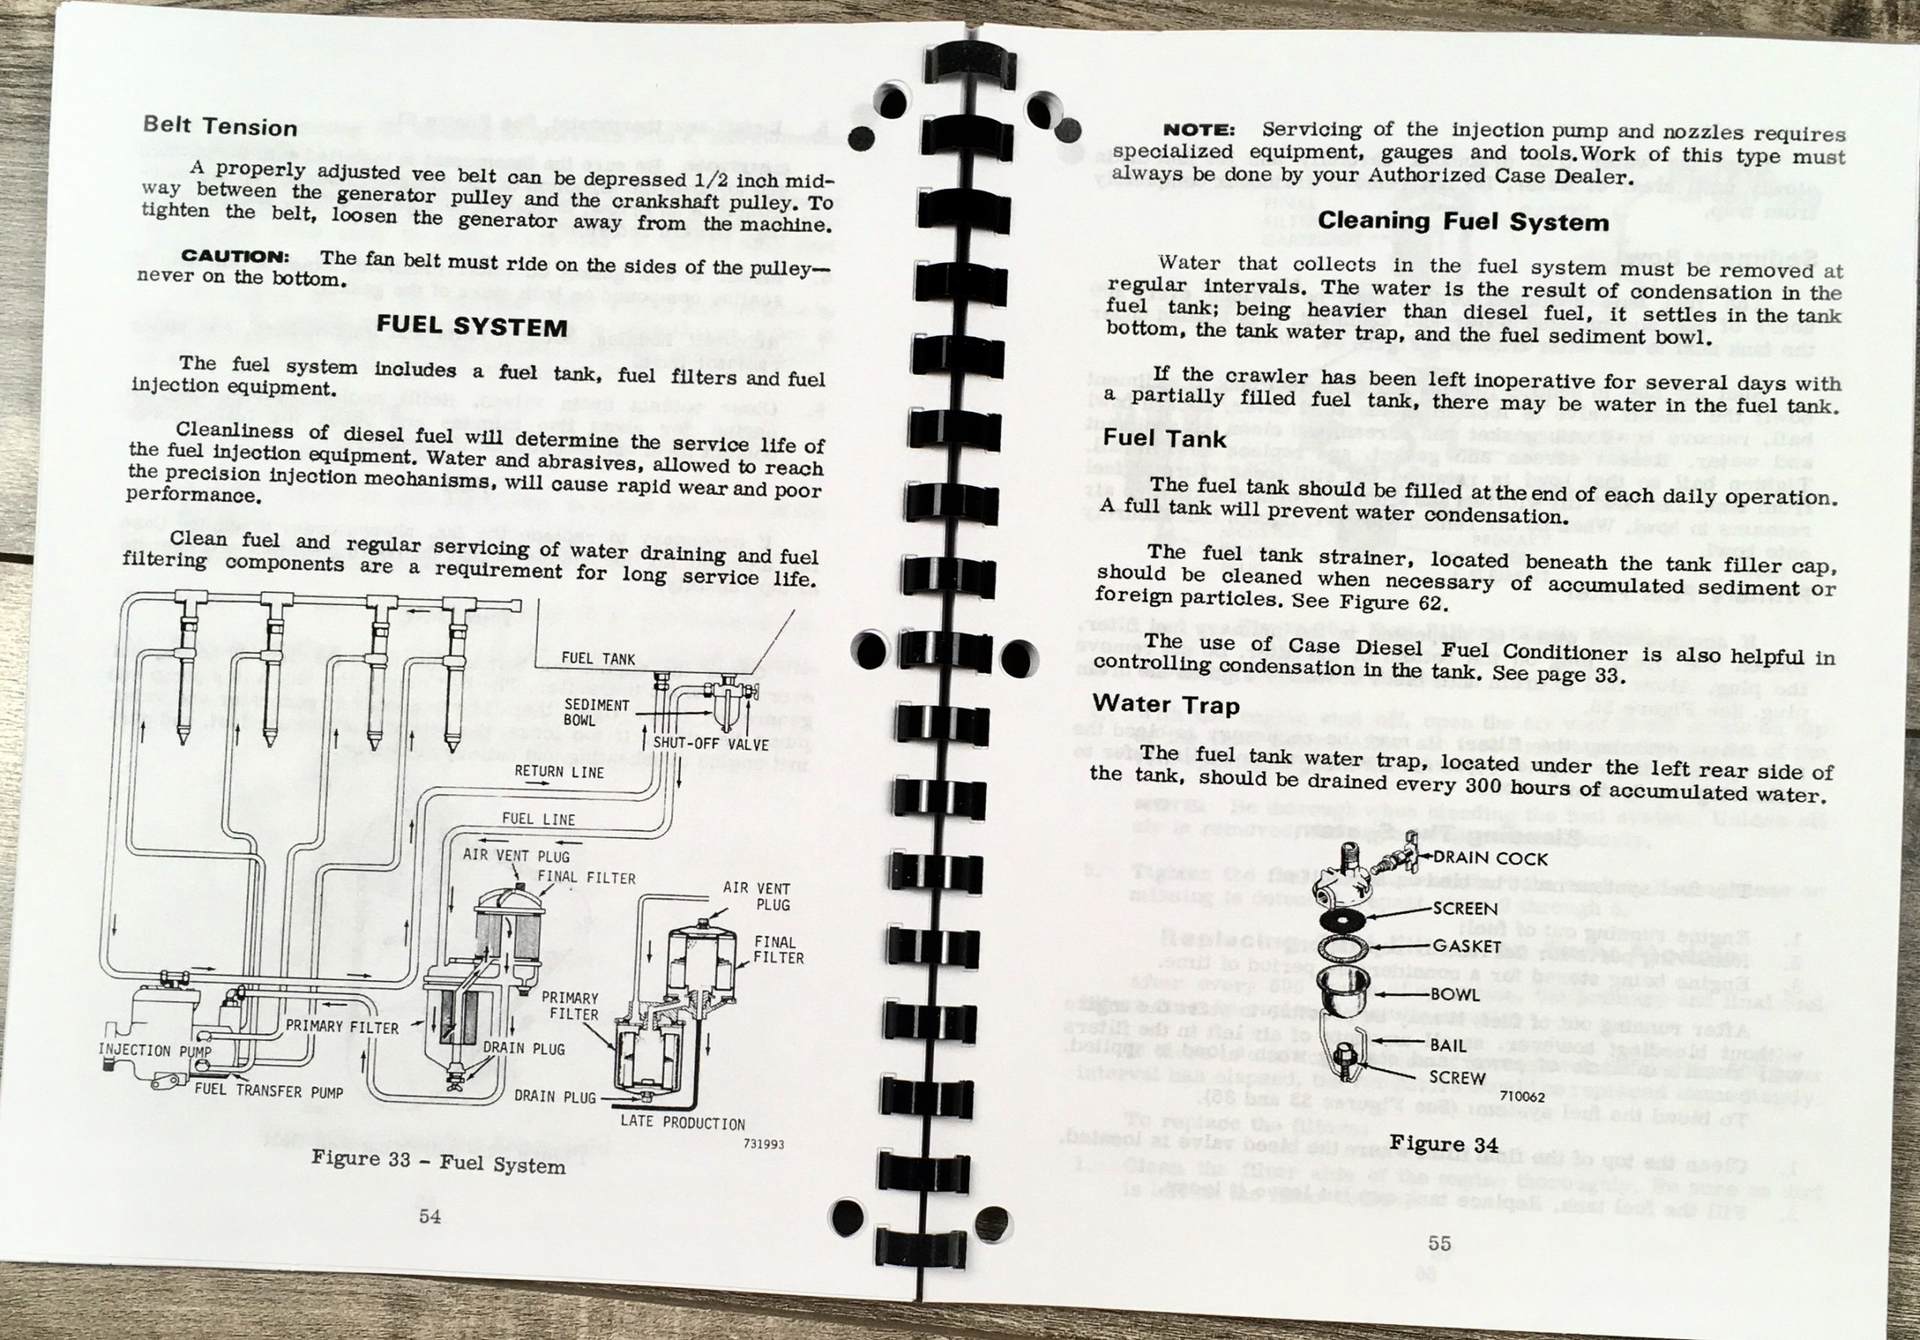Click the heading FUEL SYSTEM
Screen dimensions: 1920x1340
pyautogui.click(x=472, y=325)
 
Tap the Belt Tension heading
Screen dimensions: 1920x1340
pyautogui.click(x=220, y=126)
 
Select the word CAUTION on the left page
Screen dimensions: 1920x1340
pyautogui.click(x=235, y=256)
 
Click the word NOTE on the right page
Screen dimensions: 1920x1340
pyautogui.click(x=1198, y=130)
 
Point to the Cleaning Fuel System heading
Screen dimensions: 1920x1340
pyautogui.click(x=1463, y=221)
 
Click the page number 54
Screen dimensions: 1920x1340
pyautogui.click(x=430, y=1216)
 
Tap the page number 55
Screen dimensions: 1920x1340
pyautogui.click(x=1439, y=1243)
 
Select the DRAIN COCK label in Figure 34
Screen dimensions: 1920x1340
pyautogui.click(x=1491, y=859)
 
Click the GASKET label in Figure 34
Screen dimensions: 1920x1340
pyautogui.click(x=1467, y=946)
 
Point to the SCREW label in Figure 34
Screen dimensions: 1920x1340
pyautogui.click(x=1456, y=1078)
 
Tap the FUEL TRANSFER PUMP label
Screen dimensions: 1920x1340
pyautogui.click(x=268, y=1091)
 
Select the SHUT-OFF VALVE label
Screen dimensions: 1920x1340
pyautogui.click(x=711, y=743)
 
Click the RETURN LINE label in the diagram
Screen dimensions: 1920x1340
pyautogui.click(x=559, y=772)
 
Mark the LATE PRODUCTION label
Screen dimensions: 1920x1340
pyautogui.click(x=682, y=1123)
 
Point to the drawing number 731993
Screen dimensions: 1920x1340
pyautogui.click(x=763, y=1144)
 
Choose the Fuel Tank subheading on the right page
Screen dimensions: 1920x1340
pyautogui.click(x=1164, y=439)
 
